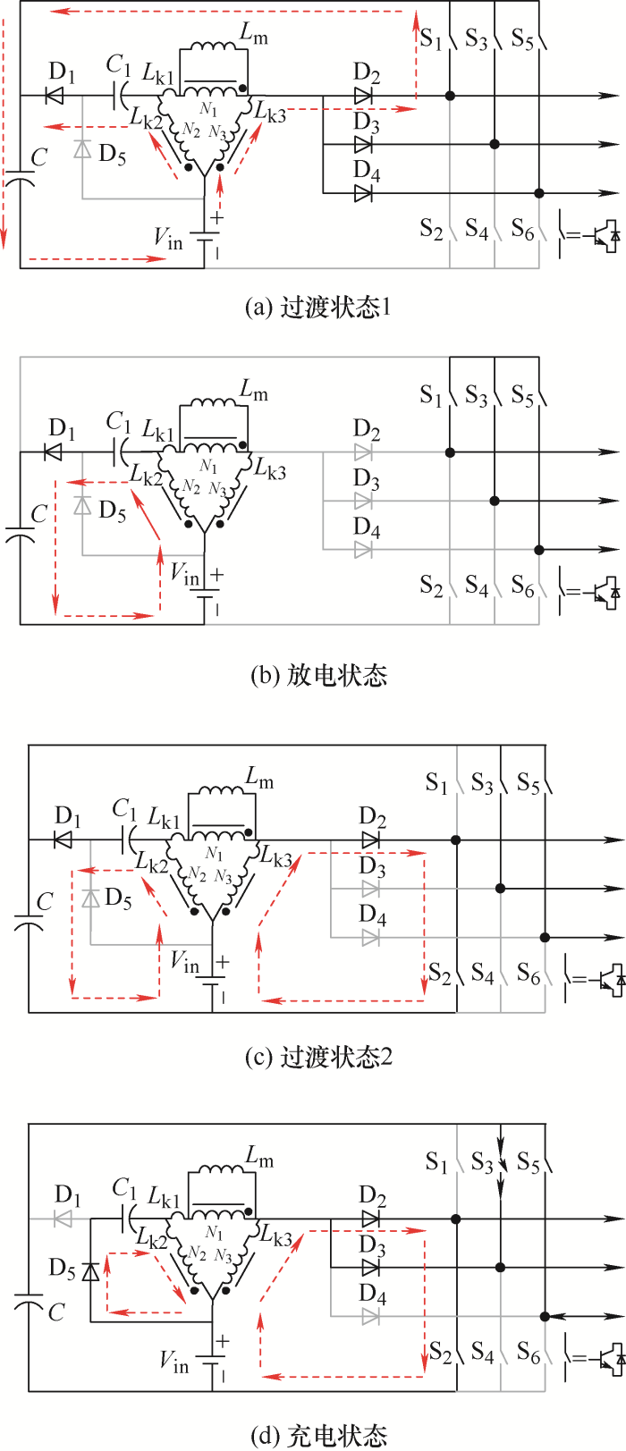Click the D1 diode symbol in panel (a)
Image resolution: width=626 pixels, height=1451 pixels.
(55, 95)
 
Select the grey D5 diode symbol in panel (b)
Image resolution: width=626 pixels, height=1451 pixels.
(82, 505)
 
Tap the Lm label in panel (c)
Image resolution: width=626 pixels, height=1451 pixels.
(259, 778)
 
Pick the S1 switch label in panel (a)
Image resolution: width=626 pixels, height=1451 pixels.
(431, 39)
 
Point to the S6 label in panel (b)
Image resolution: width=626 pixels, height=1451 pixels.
(522, 586)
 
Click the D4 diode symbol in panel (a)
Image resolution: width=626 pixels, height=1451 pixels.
(363, 192)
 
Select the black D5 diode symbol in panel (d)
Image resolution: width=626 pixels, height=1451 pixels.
(90, 1270)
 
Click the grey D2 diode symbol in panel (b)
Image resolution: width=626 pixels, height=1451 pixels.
(363, 452)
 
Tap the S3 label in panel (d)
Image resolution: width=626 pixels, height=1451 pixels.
(482, 1163)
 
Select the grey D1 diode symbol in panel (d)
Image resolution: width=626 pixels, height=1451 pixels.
(63, 1219)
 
